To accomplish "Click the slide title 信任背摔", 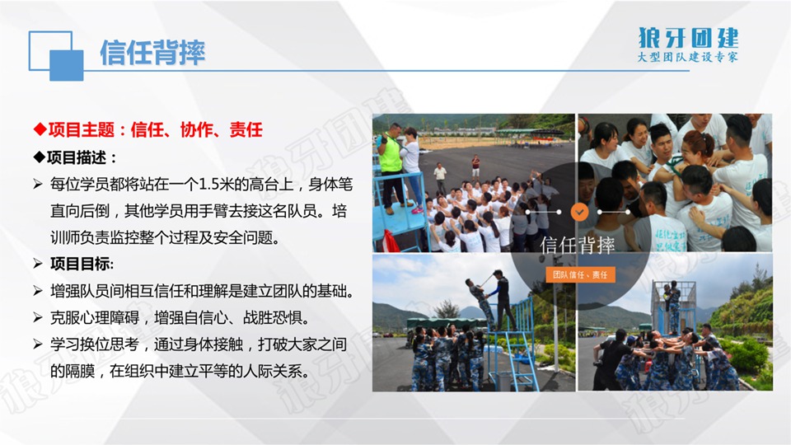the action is (152, 53).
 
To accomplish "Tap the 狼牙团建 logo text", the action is (688, 38).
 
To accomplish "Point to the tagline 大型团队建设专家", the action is (687, 57).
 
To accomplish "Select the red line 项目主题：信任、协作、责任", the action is (148, 129).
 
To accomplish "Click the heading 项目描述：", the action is (75, 157).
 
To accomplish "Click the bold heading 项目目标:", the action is (82, 264).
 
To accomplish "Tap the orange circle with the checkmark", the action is (579, 212).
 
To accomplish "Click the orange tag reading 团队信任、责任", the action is (580, 274).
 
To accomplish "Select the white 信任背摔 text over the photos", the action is (578, 246).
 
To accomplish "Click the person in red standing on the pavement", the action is (475, 166).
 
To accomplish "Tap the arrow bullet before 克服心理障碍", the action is (38, 317).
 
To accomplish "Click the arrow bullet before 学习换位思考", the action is (38, 344).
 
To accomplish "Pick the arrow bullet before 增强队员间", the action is (38, 291).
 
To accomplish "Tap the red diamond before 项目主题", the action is (40, 129).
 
